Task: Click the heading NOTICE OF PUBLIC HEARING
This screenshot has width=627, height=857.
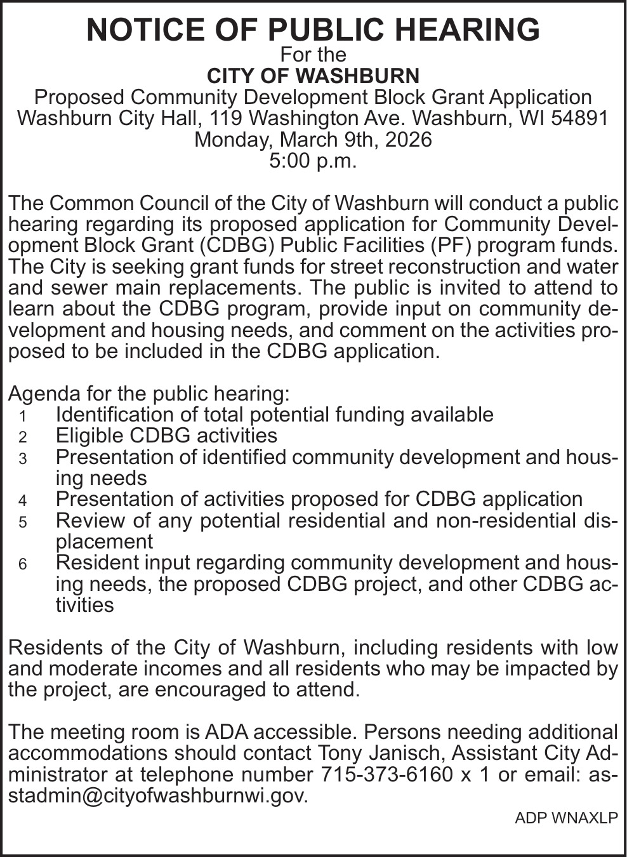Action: click(313, 30)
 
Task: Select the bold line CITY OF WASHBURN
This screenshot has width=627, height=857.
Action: click(313, 76)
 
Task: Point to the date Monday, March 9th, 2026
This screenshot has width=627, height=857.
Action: click(313, 140)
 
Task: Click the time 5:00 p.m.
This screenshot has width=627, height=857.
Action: click(313, 161)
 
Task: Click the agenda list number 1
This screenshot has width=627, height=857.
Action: click(23, 416)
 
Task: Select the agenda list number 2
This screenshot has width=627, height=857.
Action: click(23, 437)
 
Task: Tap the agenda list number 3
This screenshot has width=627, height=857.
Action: click(23, 459)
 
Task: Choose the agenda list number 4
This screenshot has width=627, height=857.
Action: click(23, 501)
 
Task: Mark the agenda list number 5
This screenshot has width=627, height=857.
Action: click(23, 522)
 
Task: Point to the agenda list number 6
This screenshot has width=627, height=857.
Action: click(23, 564)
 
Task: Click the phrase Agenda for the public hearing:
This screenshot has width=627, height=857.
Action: click(149, 394)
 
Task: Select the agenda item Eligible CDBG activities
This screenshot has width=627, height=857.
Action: click(166, 435)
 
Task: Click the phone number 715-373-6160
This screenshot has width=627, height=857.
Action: click(387, 774)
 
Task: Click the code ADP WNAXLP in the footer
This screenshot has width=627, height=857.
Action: click(566, 818)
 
